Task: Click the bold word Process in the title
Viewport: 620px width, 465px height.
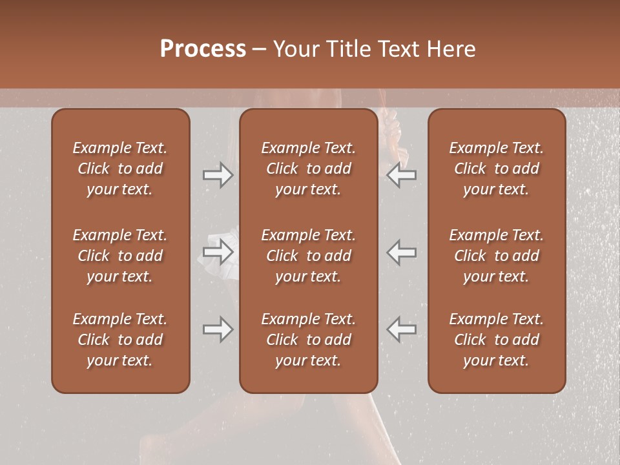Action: tap(203, 49)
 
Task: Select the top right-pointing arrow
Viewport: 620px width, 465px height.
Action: tap(218, 175)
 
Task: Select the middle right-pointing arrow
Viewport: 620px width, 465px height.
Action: tap(218, 252)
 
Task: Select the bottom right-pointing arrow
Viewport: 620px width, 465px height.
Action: tap(218, 329)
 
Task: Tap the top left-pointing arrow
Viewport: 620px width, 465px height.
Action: tap(402, 175)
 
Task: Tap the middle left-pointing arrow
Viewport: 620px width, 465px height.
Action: tap(402, 252)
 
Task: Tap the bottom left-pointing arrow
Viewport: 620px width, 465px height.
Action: tap(402, 329)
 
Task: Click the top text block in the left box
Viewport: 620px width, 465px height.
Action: tap(120, 169)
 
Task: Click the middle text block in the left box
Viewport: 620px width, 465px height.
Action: tap(120, 256)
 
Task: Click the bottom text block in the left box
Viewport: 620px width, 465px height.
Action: tap(120, 340)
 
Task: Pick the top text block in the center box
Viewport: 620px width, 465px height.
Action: tap(308, 169)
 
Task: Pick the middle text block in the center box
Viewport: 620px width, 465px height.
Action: tap(308, 256)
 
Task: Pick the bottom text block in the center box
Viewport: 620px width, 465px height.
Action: tap(308, 340)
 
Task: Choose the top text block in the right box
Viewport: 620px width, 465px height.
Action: tap(497, 169)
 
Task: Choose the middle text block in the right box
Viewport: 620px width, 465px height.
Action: tap(497, 256)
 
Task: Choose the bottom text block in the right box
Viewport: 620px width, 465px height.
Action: tap(497, 340)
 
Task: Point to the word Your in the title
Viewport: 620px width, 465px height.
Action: tap(294, 49)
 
